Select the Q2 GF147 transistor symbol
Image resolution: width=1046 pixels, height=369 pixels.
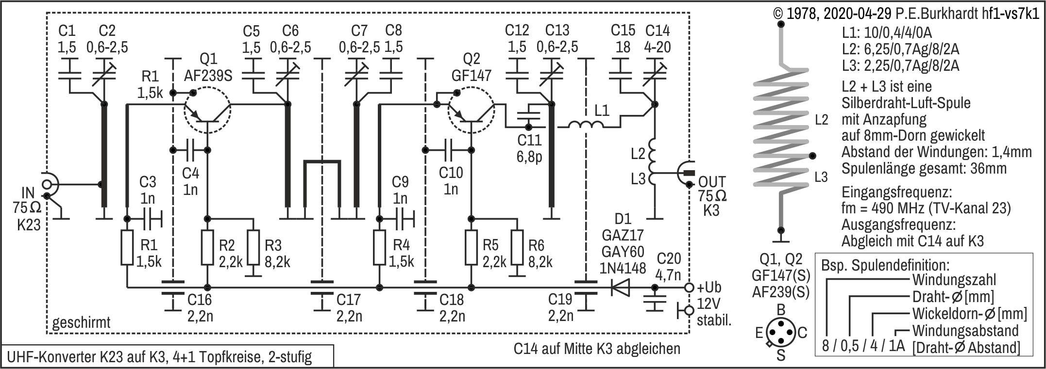pos(471,112)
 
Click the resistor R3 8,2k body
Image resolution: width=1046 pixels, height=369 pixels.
pos(253,247)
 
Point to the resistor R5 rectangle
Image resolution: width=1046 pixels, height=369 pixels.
pos(471,247)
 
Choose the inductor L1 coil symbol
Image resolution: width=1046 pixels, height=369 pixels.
pos(587,125)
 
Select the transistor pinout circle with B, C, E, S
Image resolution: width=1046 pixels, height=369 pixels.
pos(780,332)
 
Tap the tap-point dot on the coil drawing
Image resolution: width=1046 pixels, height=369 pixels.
pos(812,156)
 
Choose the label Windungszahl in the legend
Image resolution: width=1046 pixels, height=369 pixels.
pos(954,280)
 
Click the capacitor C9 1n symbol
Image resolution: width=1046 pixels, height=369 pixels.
pos(402,218)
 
